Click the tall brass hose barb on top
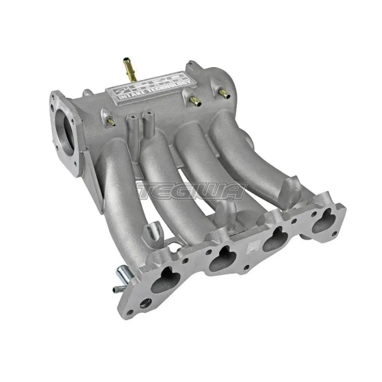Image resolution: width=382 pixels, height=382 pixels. pyautogui.click(x=130, y=69)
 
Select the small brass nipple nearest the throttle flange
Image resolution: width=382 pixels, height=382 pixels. pyautogui.click(x=110, y=121)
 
